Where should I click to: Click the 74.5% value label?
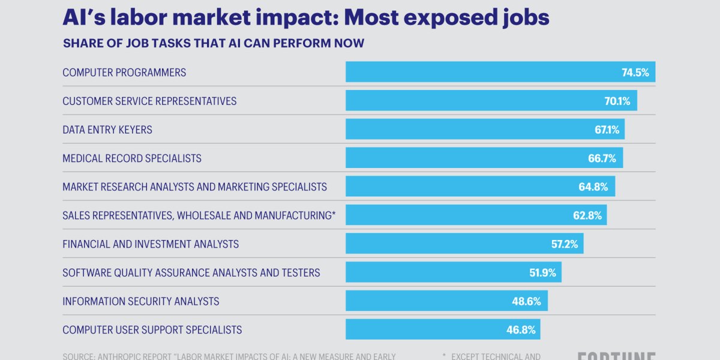pyautogui.click(x=635, y=73)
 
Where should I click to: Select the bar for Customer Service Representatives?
pyautogui.click(x=491, y=101)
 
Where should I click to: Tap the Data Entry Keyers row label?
pyautogui.click(x=107, y=130)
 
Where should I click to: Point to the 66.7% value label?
pyautogui.click(x=602, y=158)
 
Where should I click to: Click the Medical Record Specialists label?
pyautogui.click(x=132, y=158)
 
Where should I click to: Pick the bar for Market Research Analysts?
pyautogui.click(x=480, y=187)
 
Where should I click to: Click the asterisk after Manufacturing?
pyautogui.click(x=334, y=214)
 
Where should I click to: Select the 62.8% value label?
pyautogui.click(x=587, y=215)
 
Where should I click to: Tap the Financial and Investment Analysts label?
pyautogui.click(x=151, y=244)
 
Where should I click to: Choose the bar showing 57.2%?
pyautogui.click(x=464, y=244)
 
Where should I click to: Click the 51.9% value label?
pyautogui.click(x=542, y=273)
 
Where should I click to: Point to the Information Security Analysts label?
pyautogui.click(x=141, y=301)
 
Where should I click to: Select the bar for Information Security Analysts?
pyautogui.click(x=446, y=301)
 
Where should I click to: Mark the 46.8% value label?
pyautogui.click(x=521, y=330)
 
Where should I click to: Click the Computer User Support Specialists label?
pyautogui.click(x=152, y=330)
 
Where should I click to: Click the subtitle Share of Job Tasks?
pyautogui.click(x=213, y=43)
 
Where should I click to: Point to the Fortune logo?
pyautogui.click(x=616, y=356)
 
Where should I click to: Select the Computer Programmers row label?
pyautogui.click(x=124, y=73)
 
